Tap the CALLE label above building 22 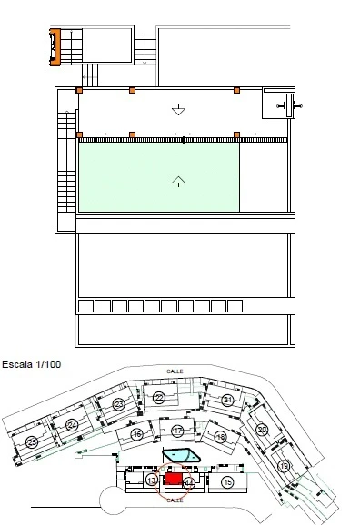175,371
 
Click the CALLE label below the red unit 175,500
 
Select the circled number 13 151,480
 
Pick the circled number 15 227,481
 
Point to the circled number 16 136,435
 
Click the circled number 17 177,431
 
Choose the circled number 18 220,437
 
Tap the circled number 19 284,466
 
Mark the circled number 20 262,430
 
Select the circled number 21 228,400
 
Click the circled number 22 159,398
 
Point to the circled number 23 119,404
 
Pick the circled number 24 72,424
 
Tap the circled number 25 31,442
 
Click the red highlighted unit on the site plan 173,479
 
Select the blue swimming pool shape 180,455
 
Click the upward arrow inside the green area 178,179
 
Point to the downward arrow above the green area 178,110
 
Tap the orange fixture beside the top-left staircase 55,46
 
